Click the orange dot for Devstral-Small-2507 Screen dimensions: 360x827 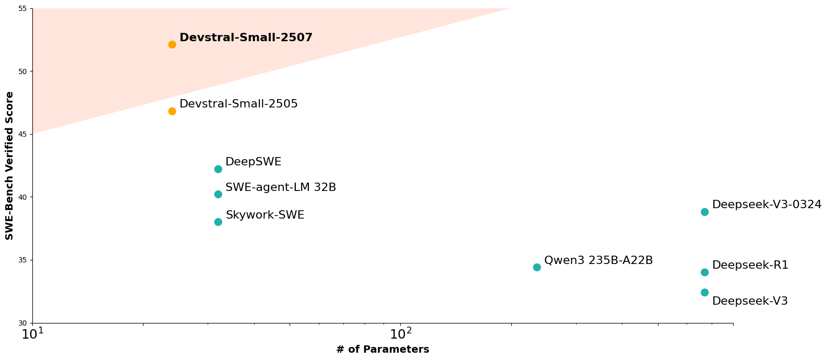pos(172,44)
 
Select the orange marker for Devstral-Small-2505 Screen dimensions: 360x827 pos(172,111)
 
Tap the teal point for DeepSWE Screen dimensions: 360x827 pos(218,169)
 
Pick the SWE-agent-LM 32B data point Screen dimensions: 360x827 pos(218,194)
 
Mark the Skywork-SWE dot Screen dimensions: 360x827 pos(218,222)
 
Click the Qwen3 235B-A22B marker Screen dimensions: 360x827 pos(537,267)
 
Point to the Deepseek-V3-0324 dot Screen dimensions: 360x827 pos(704,212)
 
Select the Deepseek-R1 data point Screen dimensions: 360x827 pos(704,272)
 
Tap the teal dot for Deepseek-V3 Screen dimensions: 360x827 pos(704,292)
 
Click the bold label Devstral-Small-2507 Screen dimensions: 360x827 pos(246,38)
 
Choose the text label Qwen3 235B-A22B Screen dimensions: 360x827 pos(598,260)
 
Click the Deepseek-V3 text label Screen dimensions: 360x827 pos(750,301)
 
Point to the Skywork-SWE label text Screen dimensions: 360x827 pos(265,215)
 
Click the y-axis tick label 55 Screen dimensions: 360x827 pos(23,9)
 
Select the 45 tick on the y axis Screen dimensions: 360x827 pos(23,134)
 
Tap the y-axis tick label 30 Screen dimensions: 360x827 pos(23,323)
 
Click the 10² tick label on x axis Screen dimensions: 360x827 pos(401,333)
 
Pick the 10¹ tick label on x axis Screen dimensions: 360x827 pos(32,333)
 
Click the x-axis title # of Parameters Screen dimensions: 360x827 pos(382,350)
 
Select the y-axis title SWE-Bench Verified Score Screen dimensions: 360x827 pos(9,165)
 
